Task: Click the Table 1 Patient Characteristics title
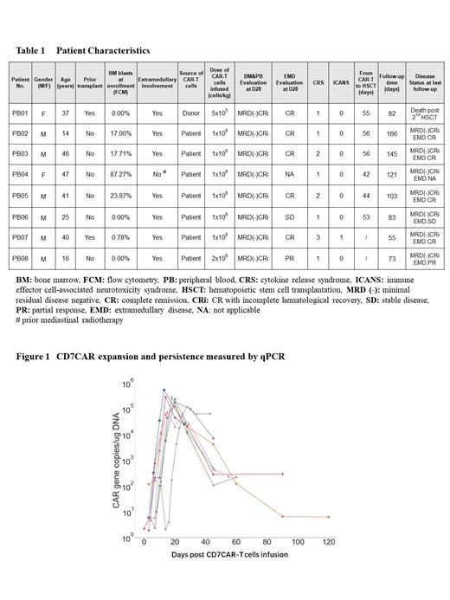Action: (82, 51)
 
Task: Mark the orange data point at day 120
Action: (329, 517)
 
